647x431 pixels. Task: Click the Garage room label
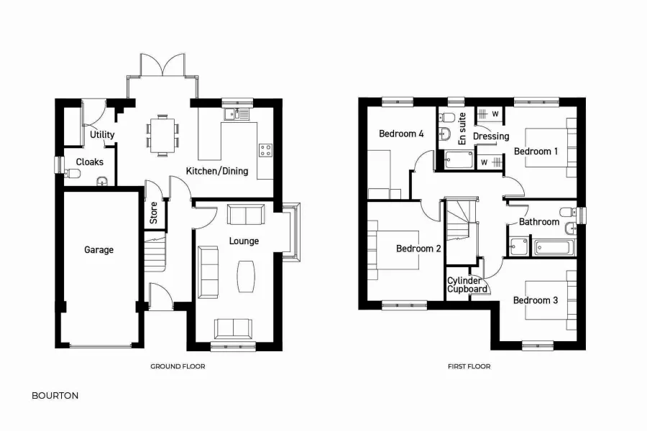point(98,250)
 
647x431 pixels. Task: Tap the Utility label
point(103,135)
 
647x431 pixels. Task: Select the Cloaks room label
point(90,162)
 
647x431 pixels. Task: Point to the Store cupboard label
point(153,212)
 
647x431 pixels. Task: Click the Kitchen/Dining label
point(217,171)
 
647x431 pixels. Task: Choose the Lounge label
point(244,241)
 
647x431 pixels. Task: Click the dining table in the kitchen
point(162,134)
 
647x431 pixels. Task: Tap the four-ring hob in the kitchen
point(265,150)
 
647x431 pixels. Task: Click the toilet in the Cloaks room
point(72,173)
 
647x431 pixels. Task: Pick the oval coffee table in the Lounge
point(245,275)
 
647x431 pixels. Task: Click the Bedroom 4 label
point(401,134)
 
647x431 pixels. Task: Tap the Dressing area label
point(491,136)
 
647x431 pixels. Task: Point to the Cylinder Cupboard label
point(465,285)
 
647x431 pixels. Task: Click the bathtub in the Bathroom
point(554,249)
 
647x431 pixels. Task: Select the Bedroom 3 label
point(536,300)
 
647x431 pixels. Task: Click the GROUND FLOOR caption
point(178,366)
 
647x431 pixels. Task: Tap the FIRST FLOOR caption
point(469,366)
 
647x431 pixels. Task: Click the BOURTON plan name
point(55,395)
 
